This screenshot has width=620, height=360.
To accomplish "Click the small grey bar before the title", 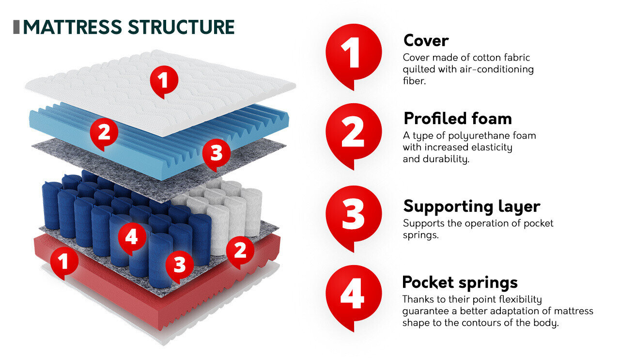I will pyautogui.click(x=16, y=27).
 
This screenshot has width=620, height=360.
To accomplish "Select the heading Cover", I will pyautogui.click(x=426, y=40).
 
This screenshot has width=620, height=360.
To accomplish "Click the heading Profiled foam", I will pyautogui.click(x=457, y=118).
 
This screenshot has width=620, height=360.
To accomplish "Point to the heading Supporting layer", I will pyautogui.click(x=471, y=206).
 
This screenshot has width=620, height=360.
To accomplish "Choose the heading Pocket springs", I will pyautogui.click(x=460, y=282).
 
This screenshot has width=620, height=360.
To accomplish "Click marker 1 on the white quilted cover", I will pyautogui.click(x=164, y=79).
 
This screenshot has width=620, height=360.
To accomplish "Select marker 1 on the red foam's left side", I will pyautogui.click(x=63, y=262).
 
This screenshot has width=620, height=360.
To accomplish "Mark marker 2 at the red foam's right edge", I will pyautogui.click(x=240, y=250).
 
